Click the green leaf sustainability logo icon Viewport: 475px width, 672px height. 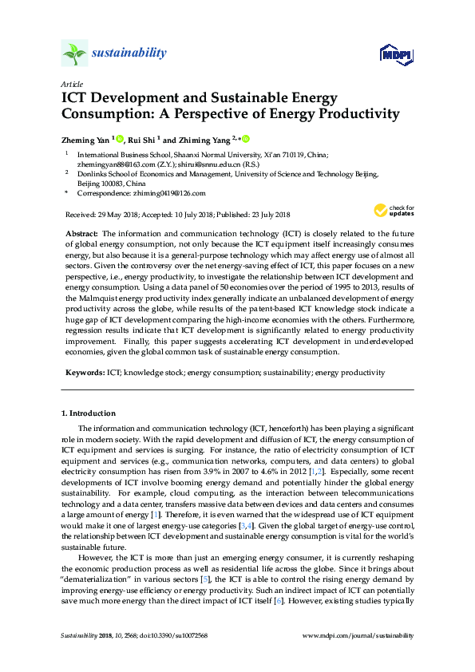point(74,53)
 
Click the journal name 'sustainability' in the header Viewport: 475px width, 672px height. point(129,53)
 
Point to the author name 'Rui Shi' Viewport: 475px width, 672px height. point(142,139)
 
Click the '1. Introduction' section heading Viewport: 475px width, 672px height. point(89,413)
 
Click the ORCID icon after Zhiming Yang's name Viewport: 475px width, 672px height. point(246,139)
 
